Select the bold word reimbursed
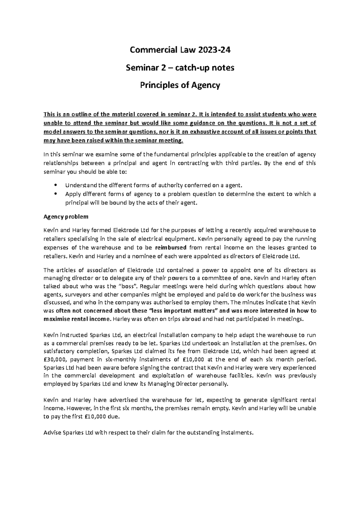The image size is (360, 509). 171,248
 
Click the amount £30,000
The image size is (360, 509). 55,359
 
